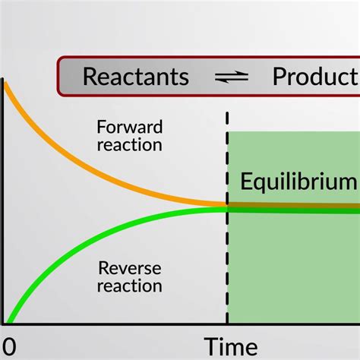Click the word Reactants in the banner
(136, 76)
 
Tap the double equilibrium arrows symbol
(232, 77)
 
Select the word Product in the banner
(316, 76)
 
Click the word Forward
(130, 127)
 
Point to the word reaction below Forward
(130, 145)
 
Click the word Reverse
(130, 268)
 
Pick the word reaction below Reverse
(130, 286)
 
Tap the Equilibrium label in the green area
(298, 182)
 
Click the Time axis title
(231, 346)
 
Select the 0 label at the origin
(9, 346)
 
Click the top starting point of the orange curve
(5, 84)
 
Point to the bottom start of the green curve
(8, 322)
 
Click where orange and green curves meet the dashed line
(227, 207)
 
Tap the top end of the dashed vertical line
(227, 113)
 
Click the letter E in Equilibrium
(245, 181)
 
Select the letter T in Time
(211, 346)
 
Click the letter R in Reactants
(90, 77)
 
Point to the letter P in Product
(279, 77)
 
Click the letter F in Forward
(101, 127)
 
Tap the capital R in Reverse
(103, 268)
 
